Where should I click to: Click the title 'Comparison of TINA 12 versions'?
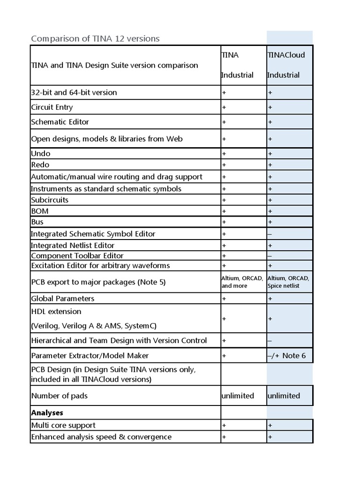95,38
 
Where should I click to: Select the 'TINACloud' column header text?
286,55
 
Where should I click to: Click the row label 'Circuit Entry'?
52,107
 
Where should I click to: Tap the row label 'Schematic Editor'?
60,122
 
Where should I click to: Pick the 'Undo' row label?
41,154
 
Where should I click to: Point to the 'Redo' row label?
40,165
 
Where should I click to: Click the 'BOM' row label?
40,211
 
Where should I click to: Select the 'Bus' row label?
37,222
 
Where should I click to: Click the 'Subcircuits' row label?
50,200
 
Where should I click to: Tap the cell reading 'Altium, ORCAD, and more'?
242,282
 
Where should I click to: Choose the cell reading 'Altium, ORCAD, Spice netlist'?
288,282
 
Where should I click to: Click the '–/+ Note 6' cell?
286,356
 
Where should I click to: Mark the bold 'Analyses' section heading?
47,413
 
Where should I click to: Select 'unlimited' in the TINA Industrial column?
238,396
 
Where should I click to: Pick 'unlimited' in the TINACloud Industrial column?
284,396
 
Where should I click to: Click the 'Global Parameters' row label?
63,299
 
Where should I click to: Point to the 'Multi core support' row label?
63,426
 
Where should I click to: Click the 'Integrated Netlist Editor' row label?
73,246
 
